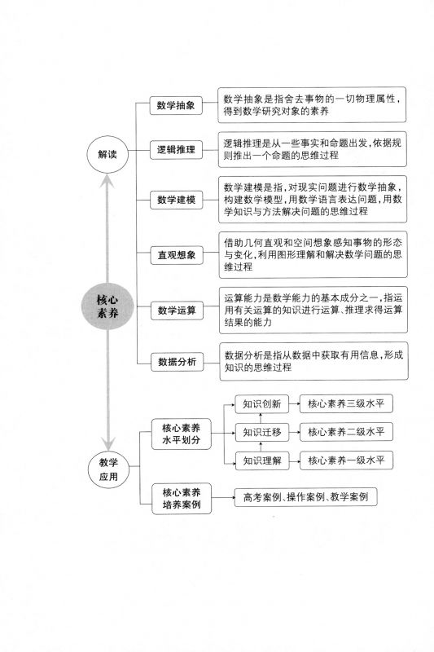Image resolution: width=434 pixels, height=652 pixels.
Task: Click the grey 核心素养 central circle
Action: tap(107, 306)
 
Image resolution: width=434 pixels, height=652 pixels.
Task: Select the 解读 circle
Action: tap(107, 154)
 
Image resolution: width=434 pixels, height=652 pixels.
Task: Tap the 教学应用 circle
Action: tap(108, 469)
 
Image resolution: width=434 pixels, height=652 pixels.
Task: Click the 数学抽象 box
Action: tap(176, 105)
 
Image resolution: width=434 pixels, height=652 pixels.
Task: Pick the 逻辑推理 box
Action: tap(176, 150)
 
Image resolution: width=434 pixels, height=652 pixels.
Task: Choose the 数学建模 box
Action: tap(176, 200)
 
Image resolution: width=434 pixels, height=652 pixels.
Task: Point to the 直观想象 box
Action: tap(177, 255)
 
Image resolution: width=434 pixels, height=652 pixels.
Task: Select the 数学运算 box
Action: tap(177, 311)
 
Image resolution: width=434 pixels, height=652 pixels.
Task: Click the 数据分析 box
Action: tap(177, 362)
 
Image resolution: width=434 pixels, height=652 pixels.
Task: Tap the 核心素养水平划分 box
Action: tap(181, 434)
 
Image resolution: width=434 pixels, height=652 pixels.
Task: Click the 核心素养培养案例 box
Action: tap(182, 499)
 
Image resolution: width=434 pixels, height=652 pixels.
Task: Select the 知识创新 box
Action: tap(261, 403)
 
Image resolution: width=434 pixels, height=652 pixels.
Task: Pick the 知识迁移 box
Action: tap(262, 432)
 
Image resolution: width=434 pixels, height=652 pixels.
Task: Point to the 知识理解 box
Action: tap(262, 460)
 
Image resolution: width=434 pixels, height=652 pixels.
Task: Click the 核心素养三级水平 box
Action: tap(346, 403)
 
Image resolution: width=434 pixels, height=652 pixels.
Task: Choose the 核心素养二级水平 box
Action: tap(346, 432)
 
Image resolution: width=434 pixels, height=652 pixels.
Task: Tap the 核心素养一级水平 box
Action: tap(346, 460)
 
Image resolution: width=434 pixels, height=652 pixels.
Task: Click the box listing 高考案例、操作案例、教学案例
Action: tap(305, 497)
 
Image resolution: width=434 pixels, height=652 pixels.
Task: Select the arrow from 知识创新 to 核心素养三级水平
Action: tap(294, 403)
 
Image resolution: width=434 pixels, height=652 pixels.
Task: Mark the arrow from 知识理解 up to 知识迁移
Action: tap(261, 446)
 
